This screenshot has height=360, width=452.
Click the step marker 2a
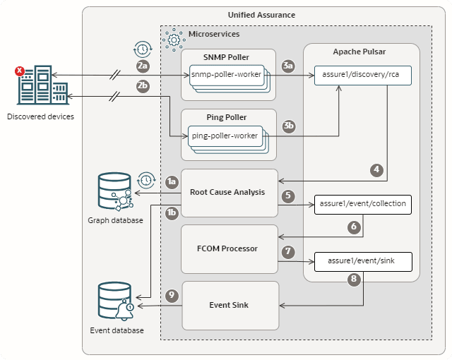[143, 66]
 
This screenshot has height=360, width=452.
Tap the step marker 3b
[288, 126]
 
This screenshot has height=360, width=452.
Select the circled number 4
[378, 169]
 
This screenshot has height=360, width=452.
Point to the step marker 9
[170, 296]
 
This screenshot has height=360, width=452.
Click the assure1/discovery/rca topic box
[363, 75]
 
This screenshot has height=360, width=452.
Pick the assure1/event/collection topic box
[363, 205]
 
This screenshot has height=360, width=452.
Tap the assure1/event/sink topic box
[363, 260]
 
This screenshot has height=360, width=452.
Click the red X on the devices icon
[20, 71]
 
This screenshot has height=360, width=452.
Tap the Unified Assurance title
[261, 15]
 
